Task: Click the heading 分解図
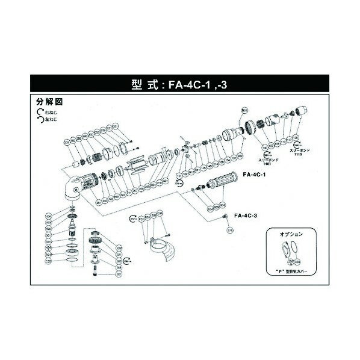coord(46,102)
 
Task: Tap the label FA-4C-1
coord(253,175)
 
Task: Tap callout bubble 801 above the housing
coord(244,111)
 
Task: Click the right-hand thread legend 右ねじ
coord(47,112)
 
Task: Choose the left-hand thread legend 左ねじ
coord(47,119)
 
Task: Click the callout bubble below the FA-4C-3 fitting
coord(229,230)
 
